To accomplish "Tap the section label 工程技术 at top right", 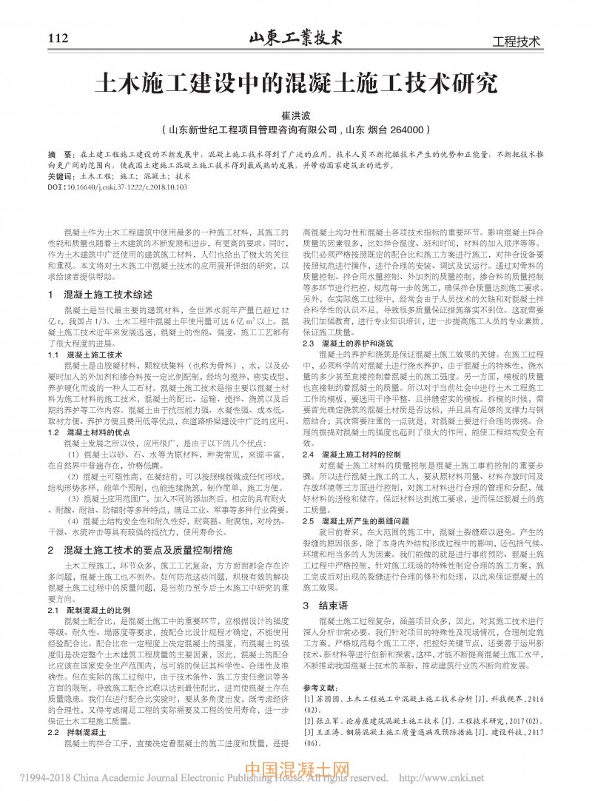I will (516, 41).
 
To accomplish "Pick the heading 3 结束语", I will (323, 604).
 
